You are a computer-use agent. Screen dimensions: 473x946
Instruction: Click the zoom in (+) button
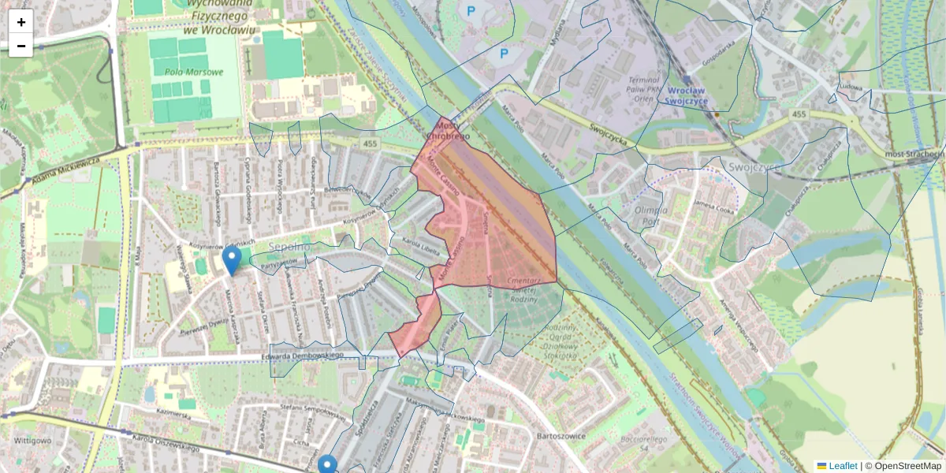pos(21,22)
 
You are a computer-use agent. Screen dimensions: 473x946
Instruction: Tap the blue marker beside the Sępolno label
pos(231,259)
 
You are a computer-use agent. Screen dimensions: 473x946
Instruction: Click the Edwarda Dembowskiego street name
pos(304,356)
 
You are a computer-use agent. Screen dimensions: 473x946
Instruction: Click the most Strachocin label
pos(914,154)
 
